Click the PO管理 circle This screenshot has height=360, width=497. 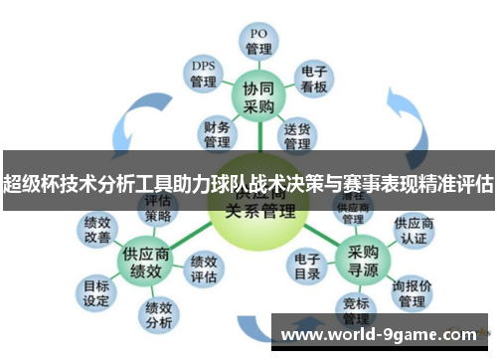click(258, 40)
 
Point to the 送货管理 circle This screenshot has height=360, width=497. click(298, 135)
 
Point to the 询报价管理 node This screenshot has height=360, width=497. click(412, 292)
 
